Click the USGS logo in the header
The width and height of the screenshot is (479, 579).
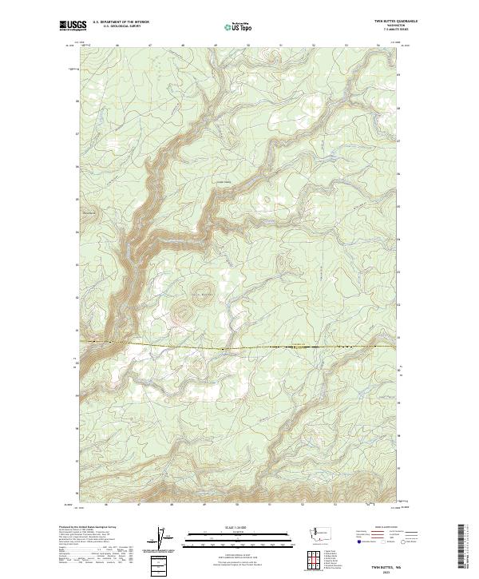tap(73, 26)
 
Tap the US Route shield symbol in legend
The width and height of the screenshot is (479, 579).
tap(385, 542)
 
